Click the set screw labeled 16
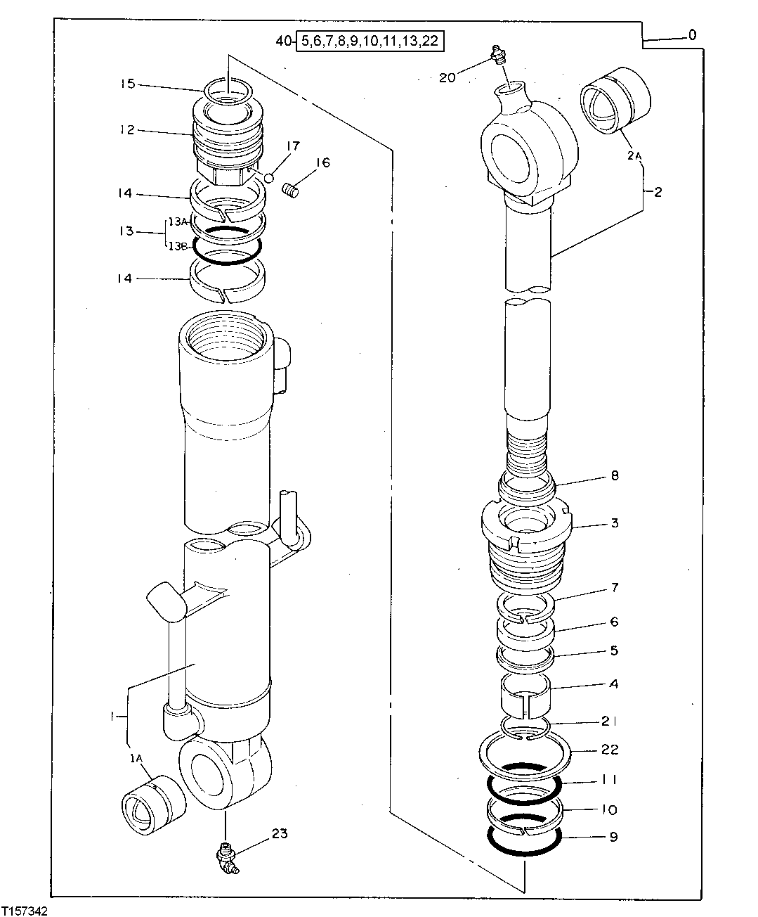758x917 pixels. (291, 189)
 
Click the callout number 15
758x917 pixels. (126, 84)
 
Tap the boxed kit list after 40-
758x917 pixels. (370, 41)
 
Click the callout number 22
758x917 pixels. (610, 750)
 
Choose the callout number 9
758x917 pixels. (613, 838)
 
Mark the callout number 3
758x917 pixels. (614, 523)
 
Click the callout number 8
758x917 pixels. (614, 476)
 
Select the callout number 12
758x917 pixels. (126, 130)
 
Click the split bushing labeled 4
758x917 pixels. (524, 693)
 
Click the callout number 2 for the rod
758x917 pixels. (658, 191)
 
